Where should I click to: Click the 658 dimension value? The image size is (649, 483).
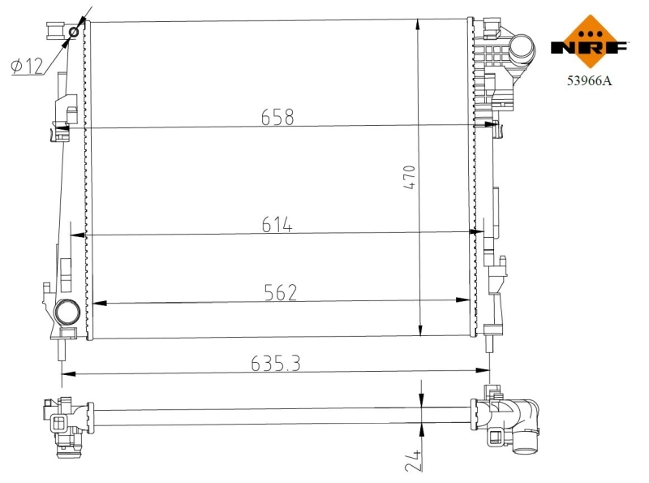coord(277,117)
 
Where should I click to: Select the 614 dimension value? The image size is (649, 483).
coord(277,225)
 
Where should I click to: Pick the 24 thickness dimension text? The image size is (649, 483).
coord(415,460)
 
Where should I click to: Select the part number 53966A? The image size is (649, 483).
coord(589,80)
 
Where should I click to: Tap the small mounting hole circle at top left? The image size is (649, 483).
coord(75,32)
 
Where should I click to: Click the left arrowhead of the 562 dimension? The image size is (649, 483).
coord(99,303)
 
